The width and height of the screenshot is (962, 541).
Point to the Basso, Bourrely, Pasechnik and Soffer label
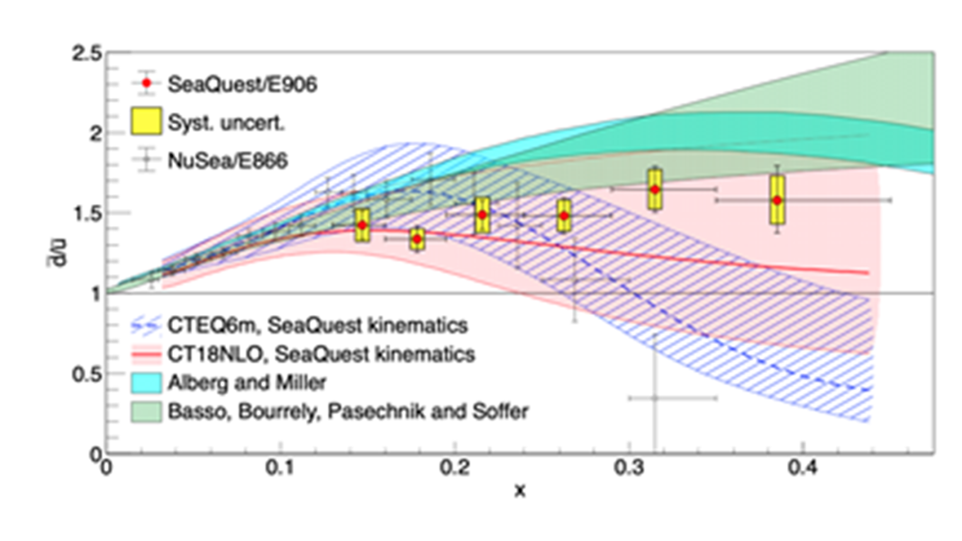tap(348, 411)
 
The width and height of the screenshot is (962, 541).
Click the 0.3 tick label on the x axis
tap(629, 471)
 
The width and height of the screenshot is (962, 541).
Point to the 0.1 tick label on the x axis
tap(281, 471)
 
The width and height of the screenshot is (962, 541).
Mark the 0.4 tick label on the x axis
tap(803, 471)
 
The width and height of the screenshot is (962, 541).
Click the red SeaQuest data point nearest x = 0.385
tap(776, 200)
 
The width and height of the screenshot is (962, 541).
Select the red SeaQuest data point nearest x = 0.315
tap(655, 190)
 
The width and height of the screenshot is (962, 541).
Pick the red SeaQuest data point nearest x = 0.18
tap(417, 239)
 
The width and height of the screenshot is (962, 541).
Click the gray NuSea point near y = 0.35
tap(655, 397)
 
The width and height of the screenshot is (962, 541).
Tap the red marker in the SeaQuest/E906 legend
tap(145, 83)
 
